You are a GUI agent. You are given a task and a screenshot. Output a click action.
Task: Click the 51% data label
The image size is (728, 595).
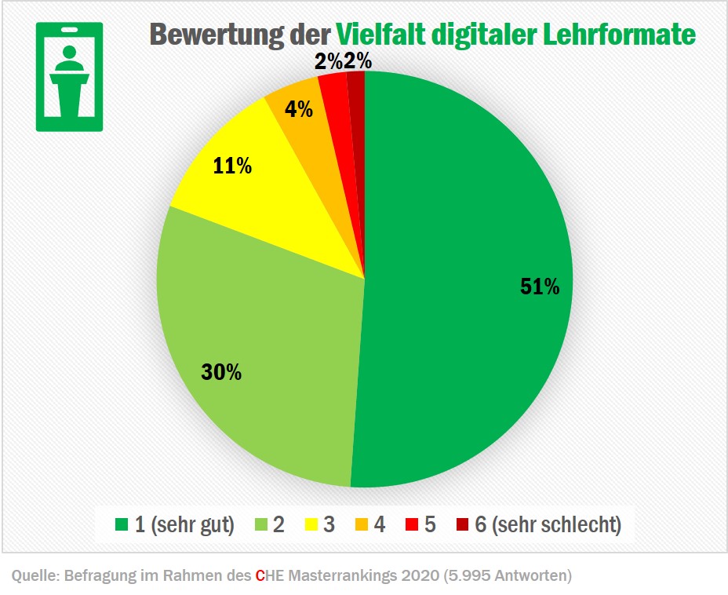(x=540, y=287)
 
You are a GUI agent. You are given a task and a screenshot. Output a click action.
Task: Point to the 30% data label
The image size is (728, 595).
(x=221, y=372)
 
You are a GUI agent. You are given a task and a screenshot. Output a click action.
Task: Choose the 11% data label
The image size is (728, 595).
(x=232, y=166)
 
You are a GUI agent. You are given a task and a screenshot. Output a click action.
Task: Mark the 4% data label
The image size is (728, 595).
(x=298, y=109)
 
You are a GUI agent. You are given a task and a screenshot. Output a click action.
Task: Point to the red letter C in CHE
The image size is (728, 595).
(x=260, y=576)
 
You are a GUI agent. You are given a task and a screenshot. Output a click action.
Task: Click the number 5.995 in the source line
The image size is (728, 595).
(x=468, y=576)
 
